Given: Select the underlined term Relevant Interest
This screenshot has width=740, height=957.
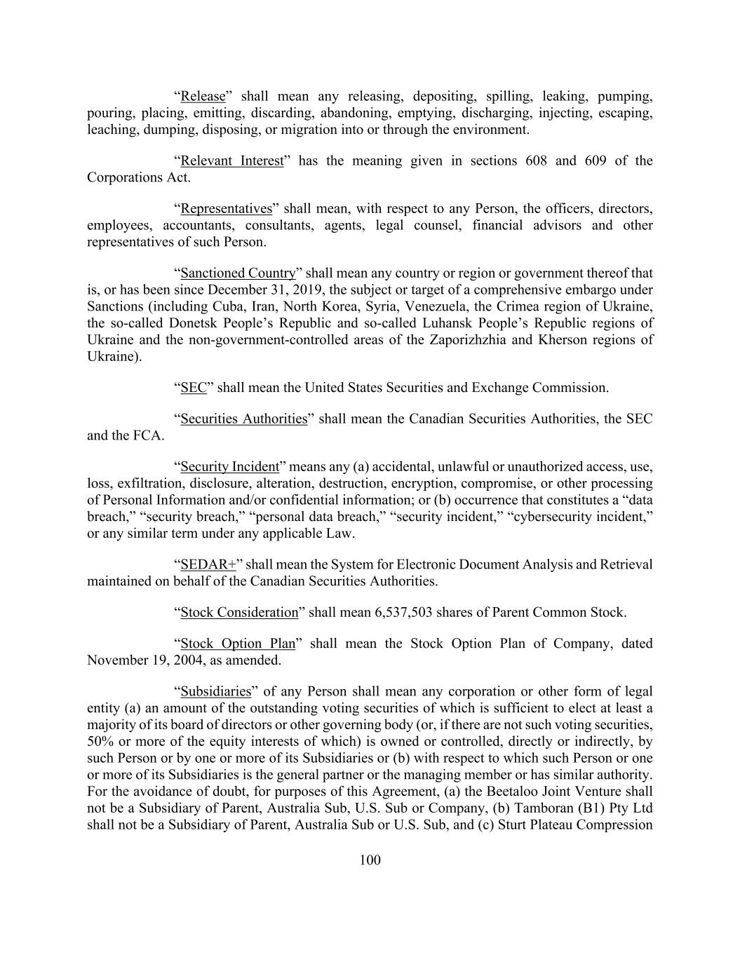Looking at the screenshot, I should (x=231, y=161).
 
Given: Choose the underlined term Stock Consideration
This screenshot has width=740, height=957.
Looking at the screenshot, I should (x=239, y=612).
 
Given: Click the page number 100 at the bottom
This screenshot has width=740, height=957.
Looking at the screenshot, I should (x=370, y=860).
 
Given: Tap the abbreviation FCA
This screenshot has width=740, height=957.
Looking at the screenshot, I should (x=147, y=435).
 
